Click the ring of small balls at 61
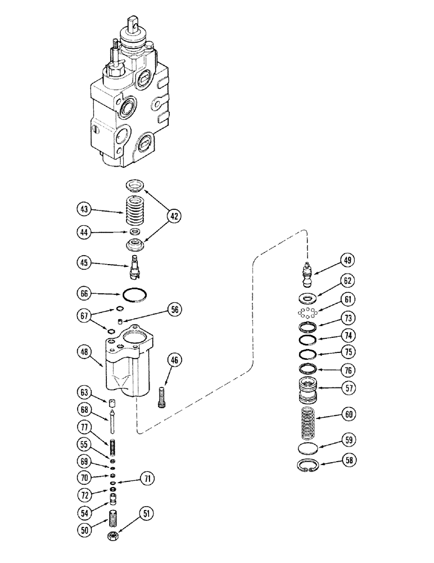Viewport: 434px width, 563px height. point(308,312)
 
